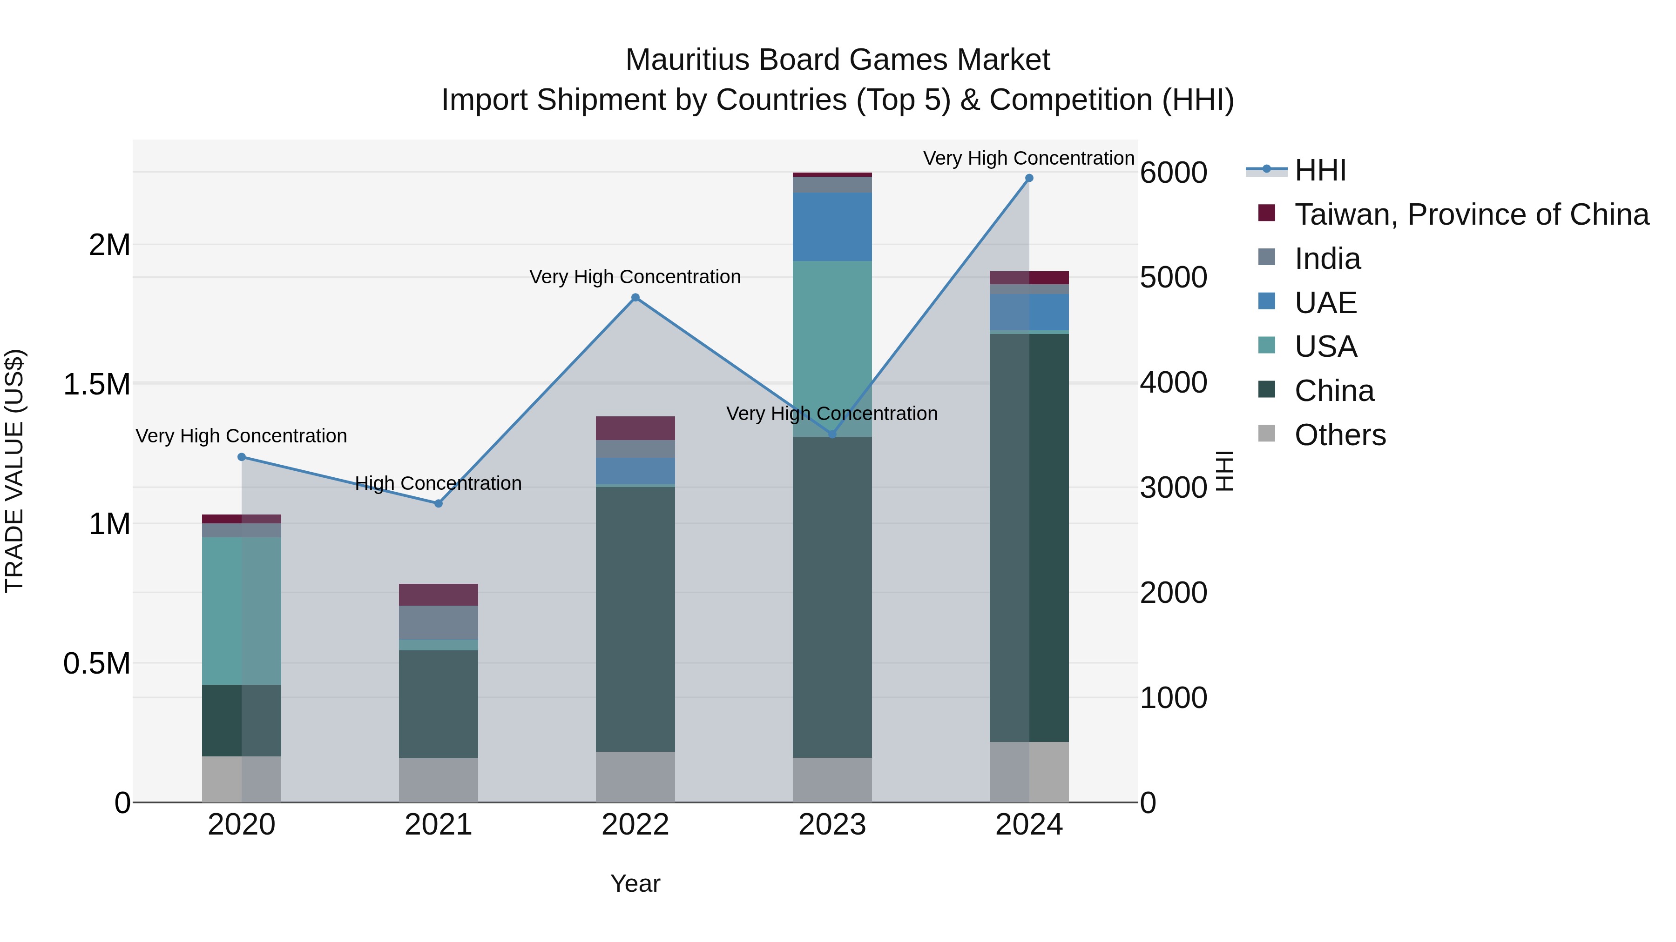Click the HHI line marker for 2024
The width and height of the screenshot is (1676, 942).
(x=1028, y=178)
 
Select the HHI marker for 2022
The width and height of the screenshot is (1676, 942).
(x=635, y=298)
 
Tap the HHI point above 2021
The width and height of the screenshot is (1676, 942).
(x=439, y=504)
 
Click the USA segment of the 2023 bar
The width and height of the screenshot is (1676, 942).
(x=831, y=348)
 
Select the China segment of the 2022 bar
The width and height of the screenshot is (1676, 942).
(x=635, y=618)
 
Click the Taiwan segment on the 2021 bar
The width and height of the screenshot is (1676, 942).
(x=438, y=594)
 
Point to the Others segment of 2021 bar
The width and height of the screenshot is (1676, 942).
(x=438, y=780)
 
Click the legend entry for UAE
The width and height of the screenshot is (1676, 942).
(x=1325, y=303)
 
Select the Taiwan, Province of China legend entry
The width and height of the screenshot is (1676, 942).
(x=1470, y=214)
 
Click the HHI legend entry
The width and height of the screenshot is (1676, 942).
(x=1319, y=170)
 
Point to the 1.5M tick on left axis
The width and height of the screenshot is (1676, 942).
(x=97, y=384)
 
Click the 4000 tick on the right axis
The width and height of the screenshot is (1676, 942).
(x=1173, y=382)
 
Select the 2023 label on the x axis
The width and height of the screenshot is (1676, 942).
(x=831, y=825)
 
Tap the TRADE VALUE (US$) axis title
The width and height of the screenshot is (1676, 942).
(x=14, y=471)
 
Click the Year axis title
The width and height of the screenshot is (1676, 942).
(x=635, y=883)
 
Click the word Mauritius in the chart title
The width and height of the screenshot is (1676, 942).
(x=687, y=60)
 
